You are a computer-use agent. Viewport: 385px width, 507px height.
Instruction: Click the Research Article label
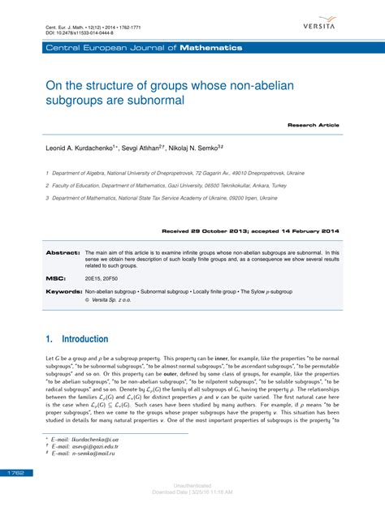coord(313,127)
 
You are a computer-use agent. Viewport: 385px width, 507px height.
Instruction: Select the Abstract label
coord(62,252)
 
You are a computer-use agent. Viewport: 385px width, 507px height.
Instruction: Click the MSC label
coord(55,277)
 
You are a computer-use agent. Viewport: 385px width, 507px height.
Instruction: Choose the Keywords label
coord(63,290)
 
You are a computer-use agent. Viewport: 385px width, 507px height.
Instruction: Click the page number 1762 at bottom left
coord(15,471)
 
